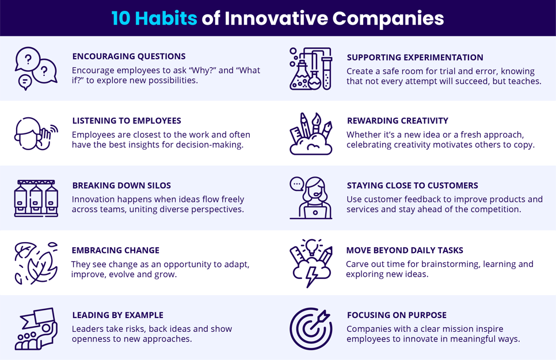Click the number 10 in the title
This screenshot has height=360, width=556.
pos(121,18)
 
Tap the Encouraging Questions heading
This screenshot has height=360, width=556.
pos(129,56)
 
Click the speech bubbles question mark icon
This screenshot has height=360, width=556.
pos(36,68)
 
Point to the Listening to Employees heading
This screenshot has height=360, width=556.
pos(127,121)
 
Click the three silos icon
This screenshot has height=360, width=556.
pos(36,198)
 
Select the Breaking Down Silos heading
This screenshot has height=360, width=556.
pos(121,186)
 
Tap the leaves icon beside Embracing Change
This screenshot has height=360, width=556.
pos(36,263)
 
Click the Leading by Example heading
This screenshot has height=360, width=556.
pos(118,315)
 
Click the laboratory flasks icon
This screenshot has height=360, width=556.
pos(311,68)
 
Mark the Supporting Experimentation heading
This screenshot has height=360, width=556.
pos(415,58)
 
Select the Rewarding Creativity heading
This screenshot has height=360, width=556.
pos(398,121)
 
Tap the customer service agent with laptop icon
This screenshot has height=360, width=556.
pos(311,198)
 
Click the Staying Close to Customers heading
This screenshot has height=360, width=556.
pos(413,186)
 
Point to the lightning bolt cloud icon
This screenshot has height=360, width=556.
pos(311,263)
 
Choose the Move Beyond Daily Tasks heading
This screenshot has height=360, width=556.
pos(405,251)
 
